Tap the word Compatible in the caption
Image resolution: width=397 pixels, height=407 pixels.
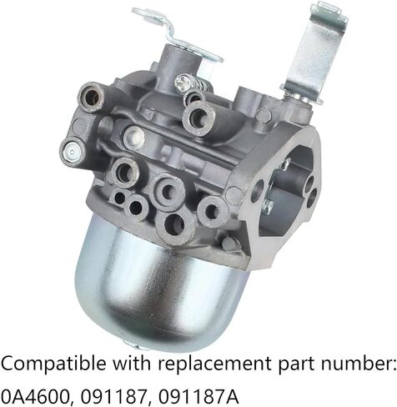point(49,364)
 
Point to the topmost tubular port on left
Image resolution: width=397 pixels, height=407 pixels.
point(91,98)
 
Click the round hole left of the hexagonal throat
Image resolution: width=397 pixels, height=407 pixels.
point(257,190)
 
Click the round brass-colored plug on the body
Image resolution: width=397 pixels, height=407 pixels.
point(133,138)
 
